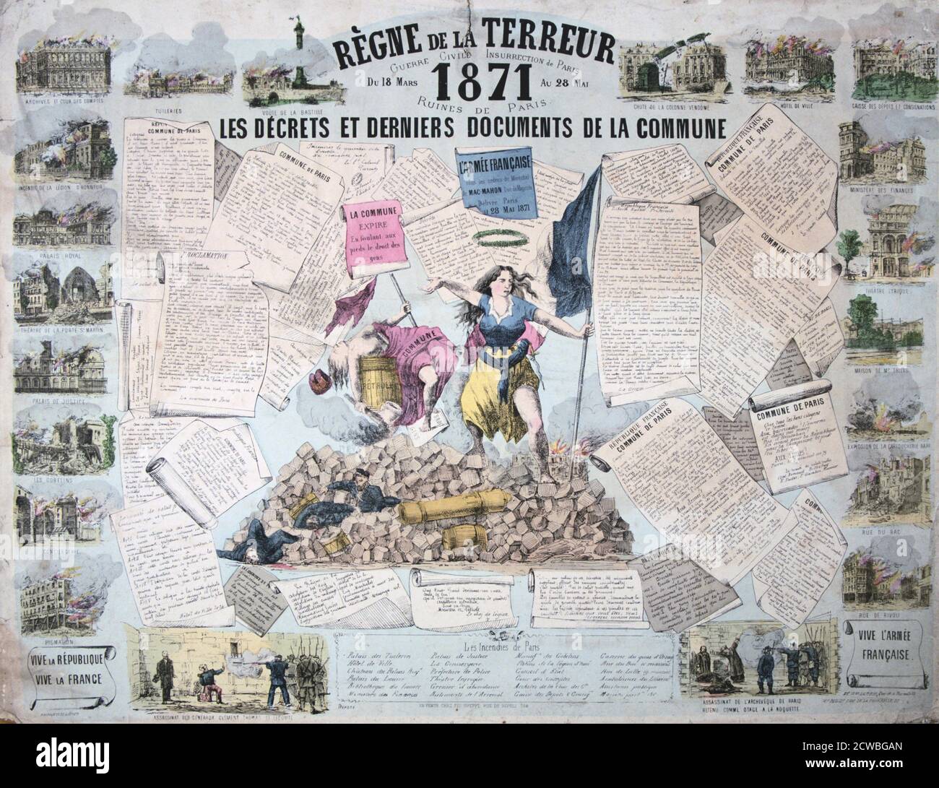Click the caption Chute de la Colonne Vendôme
coord(667,107)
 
